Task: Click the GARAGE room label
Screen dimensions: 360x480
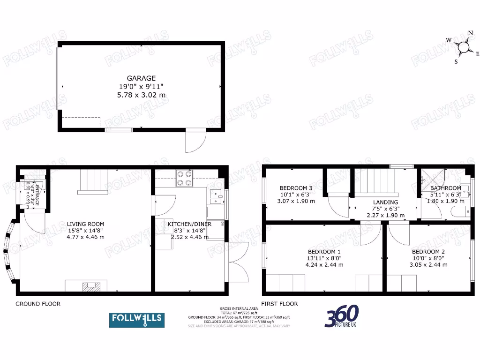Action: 141,78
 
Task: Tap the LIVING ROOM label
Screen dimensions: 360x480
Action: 85,224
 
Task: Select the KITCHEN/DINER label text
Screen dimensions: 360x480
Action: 189,224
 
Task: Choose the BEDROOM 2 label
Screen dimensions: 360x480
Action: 428,251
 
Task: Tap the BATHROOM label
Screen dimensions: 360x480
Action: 445,188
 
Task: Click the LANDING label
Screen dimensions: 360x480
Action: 386,202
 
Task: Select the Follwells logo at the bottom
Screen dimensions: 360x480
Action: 137,320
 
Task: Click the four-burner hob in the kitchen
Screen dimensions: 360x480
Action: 185,178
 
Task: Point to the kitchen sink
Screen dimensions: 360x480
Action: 216,198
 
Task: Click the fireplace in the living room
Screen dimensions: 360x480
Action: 89,285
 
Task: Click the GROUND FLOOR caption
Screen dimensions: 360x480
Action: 38,304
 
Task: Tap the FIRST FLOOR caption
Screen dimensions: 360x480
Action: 279,304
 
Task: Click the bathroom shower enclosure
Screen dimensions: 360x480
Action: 430,178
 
